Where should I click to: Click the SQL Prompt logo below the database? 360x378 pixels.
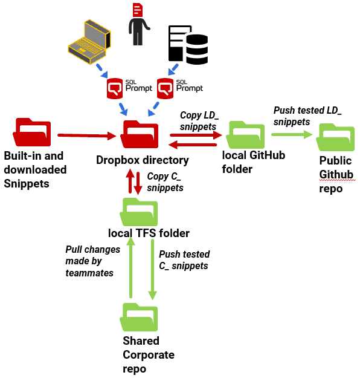point(179,88)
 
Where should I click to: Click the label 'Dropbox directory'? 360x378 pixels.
point(143,160)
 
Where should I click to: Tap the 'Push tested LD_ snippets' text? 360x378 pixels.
point(307,116)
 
